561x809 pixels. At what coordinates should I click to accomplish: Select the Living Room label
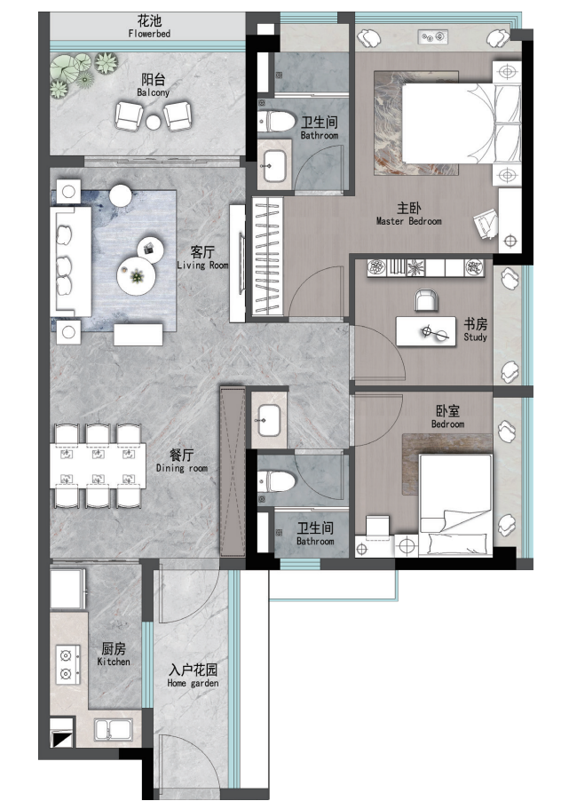coord(202,258)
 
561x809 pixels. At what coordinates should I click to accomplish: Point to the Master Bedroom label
coord(408,214)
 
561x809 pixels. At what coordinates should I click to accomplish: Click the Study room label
coord(475,330)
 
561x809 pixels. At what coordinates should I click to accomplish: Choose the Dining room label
coord(182,462)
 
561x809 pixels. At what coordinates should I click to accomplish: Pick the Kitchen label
coord(114,655)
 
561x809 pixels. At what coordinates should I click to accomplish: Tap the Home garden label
coord(193,677)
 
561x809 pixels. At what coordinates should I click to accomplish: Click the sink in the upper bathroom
coord(273,164)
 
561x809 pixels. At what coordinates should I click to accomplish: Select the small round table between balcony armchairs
coord(154,122)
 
